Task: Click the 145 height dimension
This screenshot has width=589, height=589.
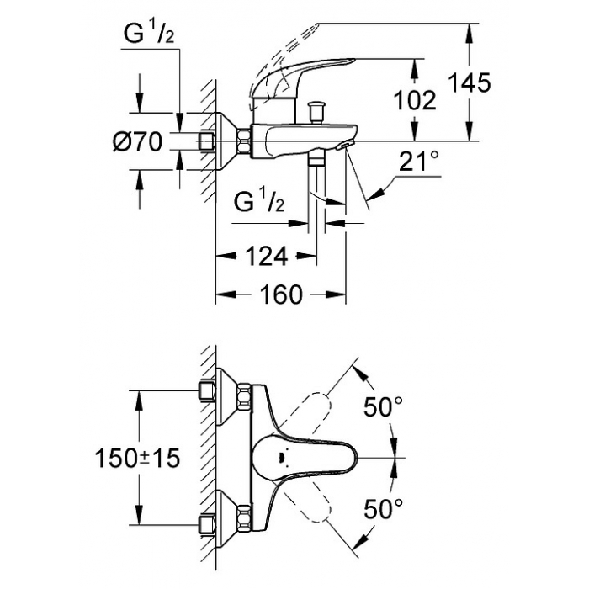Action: click(x=470, y=82)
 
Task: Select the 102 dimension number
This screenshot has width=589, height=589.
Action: click(x=415, y=100)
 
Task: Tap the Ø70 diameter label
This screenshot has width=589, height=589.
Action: click(x=138, y=142)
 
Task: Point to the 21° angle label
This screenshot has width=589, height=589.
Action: click(x=418, y=162)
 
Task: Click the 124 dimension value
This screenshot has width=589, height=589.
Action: click(x=267, y=256)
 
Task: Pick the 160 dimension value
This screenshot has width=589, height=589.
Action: click(x=281, y=294)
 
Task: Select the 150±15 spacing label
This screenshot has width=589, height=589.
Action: click(x=137, y=459)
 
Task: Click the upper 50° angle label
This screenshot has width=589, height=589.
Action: click(x=383, y=406)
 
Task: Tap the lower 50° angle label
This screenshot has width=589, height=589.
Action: click(x=383, y=508)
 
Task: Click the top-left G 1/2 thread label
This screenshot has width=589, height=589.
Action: click(x=149, y=34)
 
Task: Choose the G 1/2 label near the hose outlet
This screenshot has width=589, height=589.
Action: click(x=259, y=203)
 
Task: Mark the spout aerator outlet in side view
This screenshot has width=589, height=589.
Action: click(x=347, y=146)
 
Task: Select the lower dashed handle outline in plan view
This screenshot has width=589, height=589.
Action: click(x=309, y=502)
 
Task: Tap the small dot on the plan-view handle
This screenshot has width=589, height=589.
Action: click(x=279, y=459)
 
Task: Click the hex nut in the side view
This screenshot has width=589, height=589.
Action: click(x=243, y=141)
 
